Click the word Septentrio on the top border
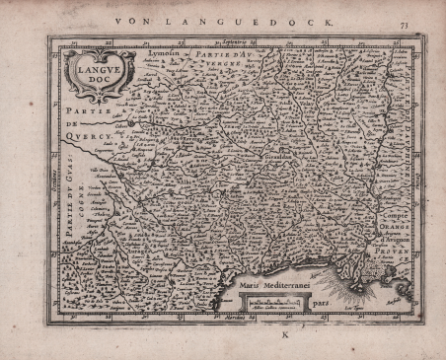(x=231, y=40)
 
